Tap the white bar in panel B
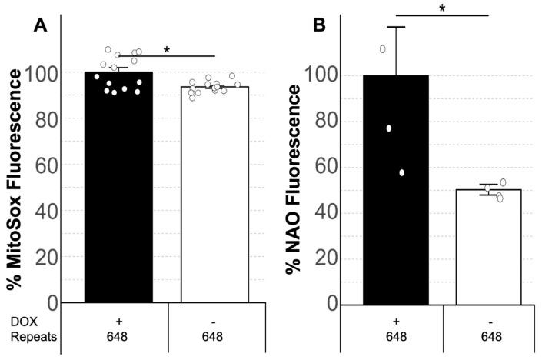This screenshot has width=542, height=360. tap(489, 245)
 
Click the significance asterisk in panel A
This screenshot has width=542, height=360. tap(167, 51)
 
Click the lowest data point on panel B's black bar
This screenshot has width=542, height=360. tap(401, 172)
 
